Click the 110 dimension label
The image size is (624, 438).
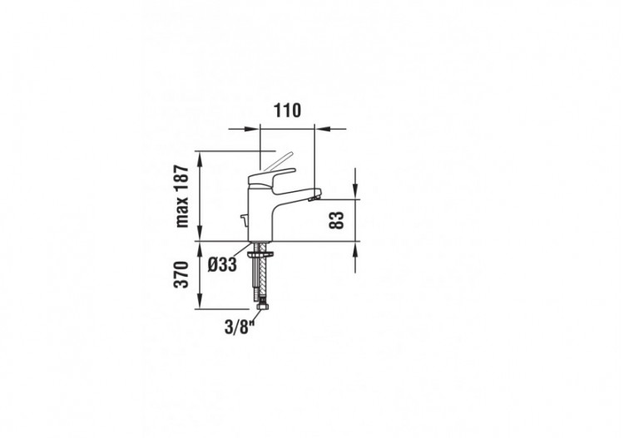[x=287, y=110]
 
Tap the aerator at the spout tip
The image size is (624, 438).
[x=313, y=197]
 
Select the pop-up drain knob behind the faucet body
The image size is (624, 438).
[x=242, y=220]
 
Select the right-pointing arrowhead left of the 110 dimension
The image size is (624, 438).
[x=255, y=128]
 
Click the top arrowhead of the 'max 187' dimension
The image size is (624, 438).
[x=201, y=155]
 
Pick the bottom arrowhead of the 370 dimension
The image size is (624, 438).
[x=201, y=303]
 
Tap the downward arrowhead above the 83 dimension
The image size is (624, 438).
[x=355, y=194]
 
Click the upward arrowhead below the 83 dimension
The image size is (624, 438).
[x=355, y=247]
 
